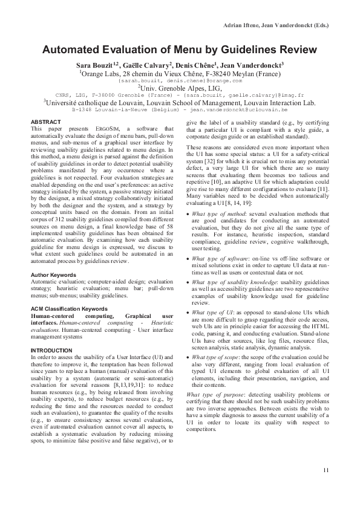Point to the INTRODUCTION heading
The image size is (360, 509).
click(x=51, y=351)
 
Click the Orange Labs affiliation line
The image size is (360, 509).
click(x=180, y=73)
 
